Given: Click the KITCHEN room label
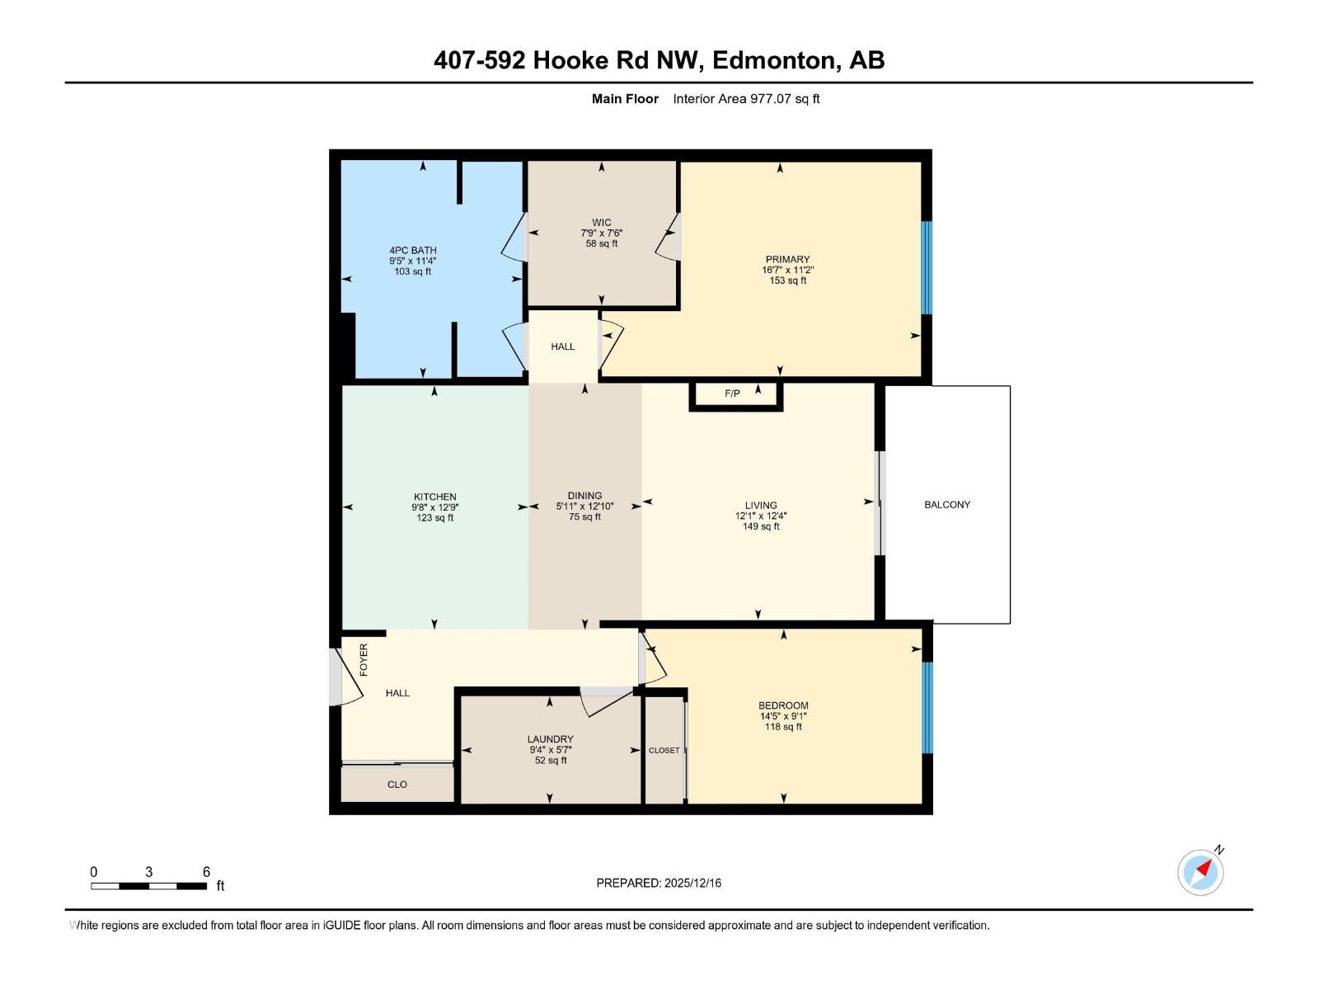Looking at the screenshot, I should [435, 497].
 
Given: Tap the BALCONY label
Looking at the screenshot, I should [946, 504].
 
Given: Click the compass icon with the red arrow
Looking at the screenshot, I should [1200, 872].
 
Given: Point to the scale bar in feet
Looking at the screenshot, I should [148, 886].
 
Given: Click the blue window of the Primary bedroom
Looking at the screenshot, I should [926, 267].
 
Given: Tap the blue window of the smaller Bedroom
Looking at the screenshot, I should [926, 707].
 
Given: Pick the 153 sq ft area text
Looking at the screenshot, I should [787, 280].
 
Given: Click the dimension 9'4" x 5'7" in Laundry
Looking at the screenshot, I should [550, 750].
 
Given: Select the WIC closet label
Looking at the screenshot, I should [602, 222].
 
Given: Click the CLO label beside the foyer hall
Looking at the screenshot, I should [397, 785].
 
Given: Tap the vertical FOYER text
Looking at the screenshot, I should [364, 660].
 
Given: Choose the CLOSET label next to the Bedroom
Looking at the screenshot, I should [664, 750].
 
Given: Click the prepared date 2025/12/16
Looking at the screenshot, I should [692, 883].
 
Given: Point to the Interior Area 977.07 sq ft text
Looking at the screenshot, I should [746, 99].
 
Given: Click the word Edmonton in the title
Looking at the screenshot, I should [774, 60].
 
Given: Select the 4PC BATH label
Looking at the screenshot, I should [413, 250].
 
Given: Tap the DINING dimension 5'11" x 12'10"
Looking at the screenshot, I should [584, 507].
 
